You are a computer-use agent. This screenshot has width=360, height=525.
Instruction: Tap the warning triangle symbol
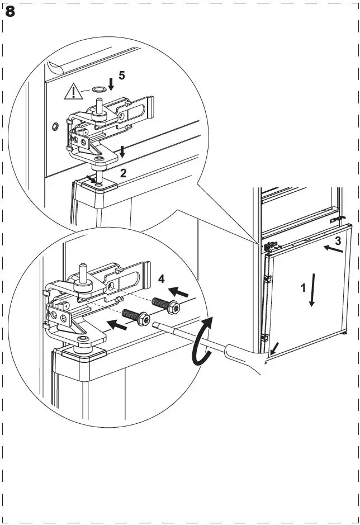(73, 91)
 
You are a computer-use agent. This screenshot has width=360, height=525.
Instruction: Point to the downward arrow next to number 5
(111, 84)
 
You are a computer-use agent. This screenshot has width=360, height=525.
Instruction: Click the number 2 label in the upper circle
(123, 173)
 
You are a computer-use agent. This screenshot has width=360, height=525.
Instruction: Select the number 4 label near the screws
(161, 278)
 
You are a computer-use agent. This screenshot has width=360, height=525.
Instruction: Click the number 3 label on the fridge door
(338, 242)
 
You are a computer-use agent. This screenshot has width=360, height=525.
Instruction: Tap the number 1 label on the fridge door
(303, 288)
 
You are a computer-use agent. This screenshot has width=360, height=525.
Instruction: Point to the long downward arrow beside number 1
(312, 290)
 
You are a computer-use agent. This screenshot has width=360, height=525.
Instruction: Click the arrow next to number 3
(333, 250)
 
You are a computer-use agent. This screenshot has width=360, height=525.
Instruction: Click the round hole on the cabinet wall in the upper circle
(54, 127)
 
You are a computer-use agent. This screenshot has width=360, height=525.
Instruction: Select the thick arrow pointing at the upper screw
(179, 292)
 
